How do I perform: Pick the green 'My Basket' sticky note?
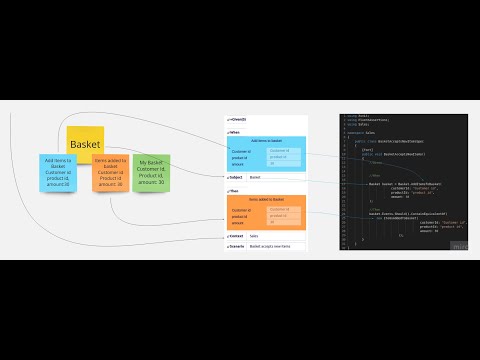point(150,171)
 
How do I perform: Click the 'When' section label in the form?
point(234,131)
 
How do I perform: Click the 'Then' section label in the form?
point(234,191)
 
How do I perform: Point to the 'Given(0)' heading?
point(238,118)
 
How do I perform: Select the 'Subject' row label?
point(236,177)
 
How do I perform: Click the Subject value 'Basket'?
point(255,177)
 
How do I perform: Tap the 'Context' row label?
point(236,236)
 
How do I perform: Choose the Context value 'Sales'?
point(254,236)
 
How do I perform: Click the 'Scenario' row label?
point(237,246)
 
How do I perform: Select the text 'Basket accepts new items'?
point(270,246)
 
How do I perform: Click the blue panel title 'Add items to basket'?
point(266,141)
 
